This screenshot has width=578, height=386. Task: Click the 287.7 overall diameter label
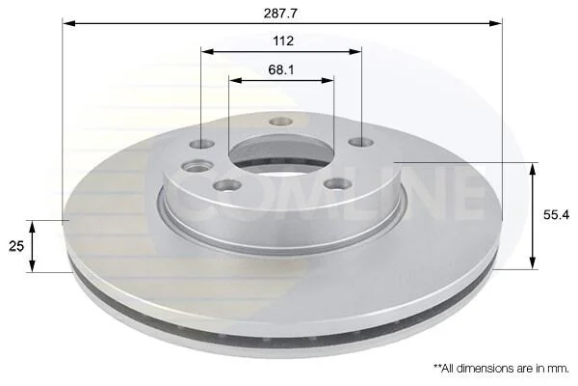click(280, 14)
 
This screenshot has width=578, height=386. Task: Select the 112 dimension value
click(283, 41)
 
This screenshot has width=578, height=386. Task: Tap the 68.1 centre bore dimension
click(281, 69)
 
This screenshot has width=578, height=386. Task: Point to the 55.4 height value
click(556, 214)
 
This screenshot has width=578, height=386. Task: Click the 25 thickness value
click(16, 246)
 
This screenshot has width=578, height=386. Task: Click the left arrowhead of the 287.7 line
click(69, 23)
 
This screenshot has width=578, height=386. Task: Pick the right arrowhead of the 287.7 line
click(496, 23)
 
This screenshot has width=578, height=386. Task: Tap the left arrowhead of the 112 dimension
click(207, 51)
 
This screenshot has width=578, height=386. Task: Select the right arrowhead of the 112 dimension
click(355, 51)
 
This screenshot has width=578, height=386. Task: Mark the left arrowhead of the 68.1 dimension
click(236, 80)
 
